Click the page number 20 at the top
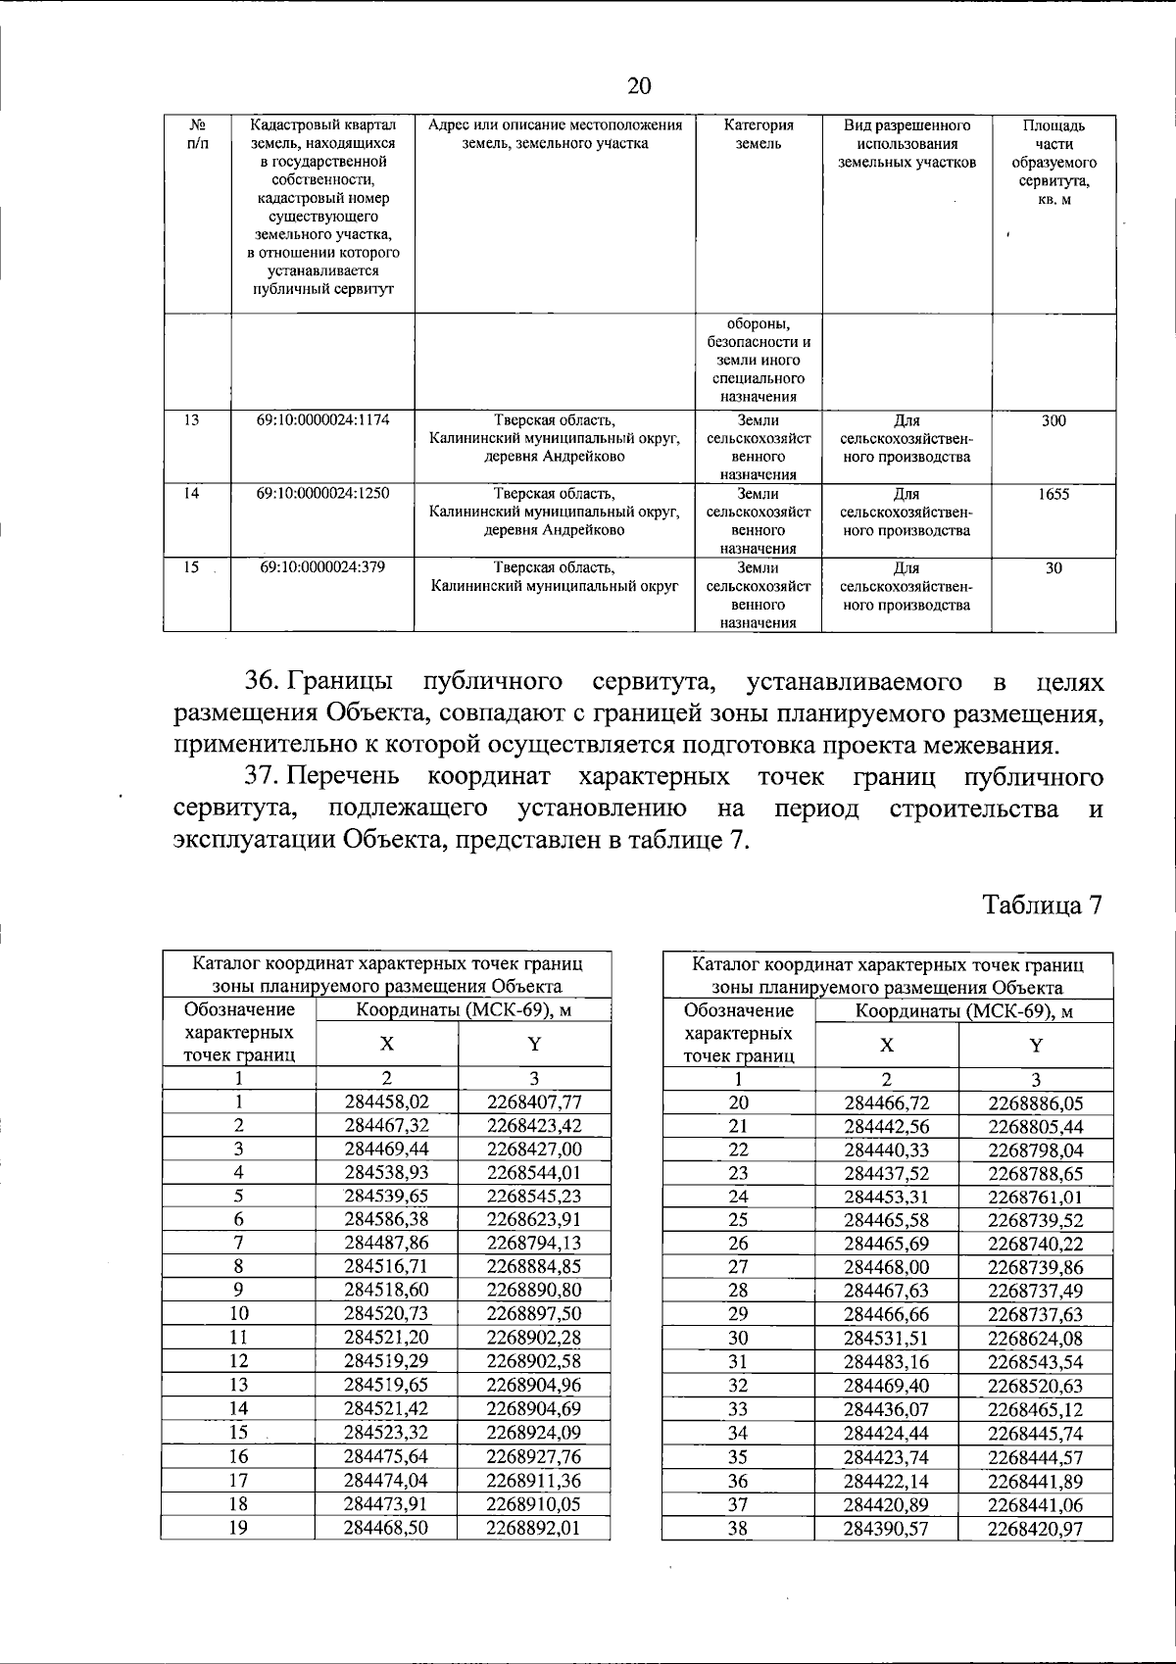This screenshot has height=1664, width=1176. pos(638,86)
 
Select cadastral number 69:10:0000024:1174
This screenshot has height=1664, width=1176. pos(322,420)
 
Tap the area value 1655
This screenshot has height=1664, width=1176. pos(1053,494)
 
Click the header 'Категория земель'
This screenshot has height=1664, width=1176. pos(759,134)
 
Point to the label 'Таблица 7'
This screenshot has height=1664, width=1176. pos(1044,905)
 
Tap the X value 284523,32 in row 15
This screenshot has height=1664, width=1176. pos(386,1433)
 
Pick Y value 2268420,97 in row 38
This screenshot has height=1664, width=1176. pos(1035,1528)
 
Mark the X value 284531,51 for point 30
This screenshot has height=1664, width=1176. pos(886,1338)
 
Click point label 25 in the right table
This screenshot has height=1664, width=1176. pos(738,1220)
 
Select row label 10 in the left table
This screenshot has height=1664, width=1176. pos(238,1313)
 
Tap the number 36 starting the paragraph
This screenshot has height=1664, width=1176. pos(264,681)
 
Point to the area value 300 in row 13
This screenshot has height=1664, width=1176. pos(1053,420)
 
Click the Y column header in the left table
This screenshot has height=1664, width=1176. pos(534,1045)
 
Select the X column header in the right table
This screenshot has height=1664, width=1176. pos(886,1045)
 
